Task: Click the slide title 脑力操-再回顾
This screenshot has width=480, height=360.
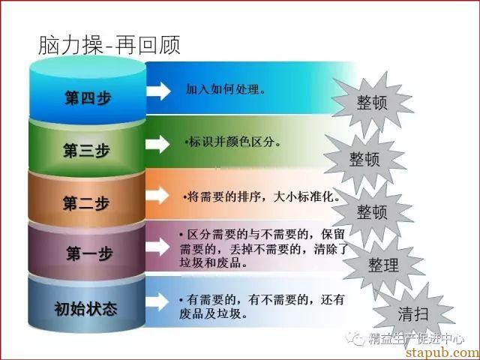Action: coord(109,45)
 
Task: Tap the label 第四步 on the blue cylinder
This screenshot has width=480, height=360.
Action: coord(88,98)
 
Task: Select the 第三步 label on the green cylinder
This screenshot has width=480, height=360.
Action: coord(87,150)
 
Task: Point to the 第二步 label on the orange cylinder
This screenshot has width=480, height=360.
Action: coord(86,203)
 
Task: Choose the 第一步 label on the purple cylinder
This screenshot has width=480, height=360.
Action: coord(89,253)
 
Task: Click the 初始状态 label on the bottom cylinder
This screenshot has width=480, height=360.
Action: coord(85,308)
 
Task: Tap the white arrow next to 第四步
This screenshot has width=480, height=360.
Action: coord(158,91)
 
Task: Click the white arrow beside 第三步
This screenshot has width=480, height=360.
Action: coord(157,144)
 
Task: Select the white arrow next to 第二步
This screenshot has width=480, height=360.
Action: coord(157,195)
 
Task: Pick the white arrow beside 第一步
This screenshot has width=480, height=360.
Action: coord(157,247)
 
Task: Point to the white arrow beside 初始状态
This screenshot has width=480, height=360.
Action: coord(157,301)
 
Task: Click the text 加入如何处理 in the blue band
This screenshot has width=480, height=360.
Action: coord(223,89)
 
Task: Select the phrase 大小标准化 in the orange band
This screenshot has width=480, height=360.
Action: coord(303,196)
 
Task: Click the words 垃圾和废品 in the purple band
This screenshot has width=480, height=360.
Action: coord(210,263)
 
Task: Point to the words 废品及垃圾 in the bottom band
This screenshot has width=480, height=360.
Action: coord(210,313)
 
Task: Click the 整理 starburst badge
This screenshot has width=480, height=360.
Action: coord(383,265)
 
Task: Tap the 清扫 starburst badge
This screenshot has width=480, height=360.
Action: coord(413,314)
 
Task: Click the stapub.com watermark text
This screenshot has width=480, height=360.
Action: coord(442,352)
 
